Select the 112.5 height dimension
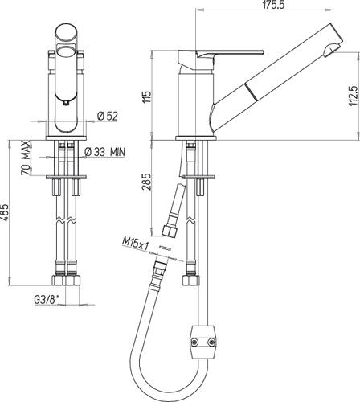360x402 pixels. point(354,96)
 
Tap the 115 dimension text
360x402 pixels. point(147,97)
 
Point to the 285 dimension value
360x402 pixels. point(146,182)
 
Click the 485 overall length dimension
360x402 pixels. point(4,213)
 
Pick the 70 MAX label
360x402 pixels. point(26,158)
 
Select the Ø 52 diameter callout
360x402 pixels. point(108,116)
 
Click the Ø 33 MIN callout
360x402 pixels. point(104,152)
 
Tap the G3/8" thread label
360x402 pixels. point(46,300)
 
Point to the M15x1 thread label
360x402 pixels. point(136,244)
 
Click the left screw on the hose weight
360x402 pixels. point(194,342)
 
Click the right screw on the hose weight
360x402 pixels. point(212,343)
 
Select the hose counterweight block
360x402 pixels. point(203,343)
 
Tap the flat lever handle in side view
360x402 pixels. point(231,53)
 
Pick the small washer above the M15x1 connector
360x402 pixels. point(165,248)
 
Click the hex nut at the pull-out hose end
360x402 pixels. point(170,231)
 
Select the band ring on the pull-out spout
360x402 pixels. point(249,91)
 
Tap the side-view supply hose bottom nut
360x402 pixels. point(191,281)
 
